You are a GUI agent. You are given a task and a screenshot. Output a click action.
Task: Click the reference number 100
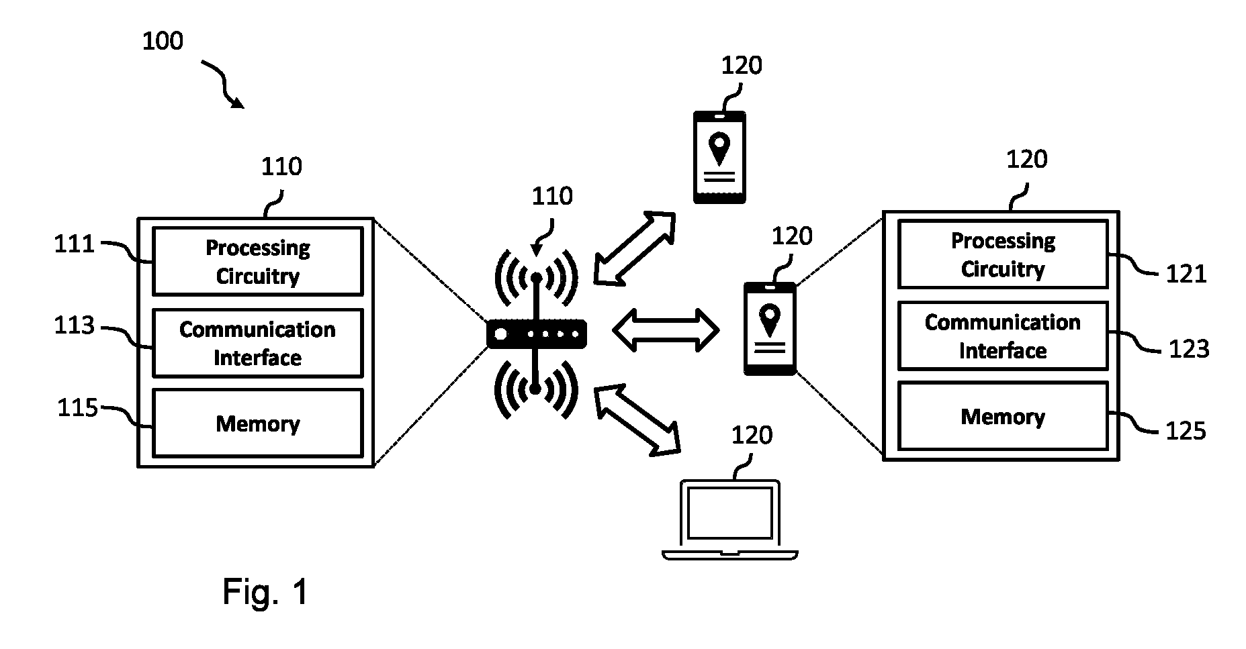163,42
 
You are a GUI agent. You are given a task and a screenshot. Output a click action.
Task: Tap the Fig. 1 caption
265,592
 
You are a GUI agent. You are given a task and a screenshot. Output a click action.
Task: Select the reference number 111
75,244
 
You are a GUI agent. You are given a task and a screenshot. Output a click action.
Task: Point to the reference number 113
75,326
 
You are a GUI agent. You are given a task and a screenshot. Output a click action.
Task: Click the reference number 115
78,407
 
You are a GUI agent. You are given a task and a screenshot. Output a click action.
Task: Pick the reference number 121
1186,274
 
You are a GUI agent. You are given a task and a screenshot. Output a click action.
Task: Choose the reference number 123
1189,349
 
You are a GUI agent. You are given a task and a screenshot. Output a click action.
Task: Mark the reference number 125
1186,430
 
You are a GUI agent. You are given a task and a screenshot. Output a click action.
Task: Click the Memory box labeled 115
258,423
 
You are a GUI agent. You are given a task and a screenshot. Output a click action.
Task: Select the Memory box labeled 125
1003,416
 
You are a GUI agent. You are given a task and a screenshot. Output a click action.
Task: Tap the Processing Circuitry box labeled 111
258,261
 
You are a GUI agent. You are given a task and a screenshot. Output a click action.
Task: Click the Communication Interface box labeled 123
1003,336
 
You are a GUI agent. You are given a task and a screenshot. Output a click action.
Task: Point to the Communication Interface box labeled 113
258,343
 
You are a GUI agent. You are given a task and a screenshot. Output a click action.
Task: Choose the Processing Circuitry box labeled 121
1003,254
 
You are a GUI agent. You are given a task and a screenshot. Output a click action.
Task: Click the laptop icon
730,519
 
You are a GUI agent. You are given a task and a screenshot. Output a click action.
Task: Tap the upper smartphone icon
719,157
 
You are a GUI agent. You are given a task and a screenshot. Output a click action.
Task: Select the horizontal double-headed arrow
666,330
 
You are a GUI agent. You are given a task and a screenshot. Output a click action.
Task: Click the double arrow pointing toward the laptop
637,420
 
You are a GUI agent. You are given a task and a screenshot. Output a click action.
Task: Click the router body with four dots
537,334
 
